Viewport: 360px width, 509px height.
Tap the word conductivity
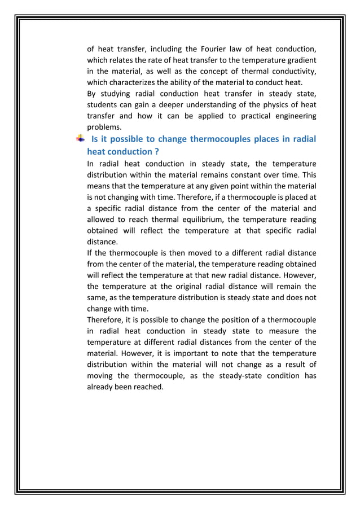click(292, 71)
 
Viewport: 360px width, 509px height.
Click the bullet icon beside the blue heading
click(81, 139)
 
